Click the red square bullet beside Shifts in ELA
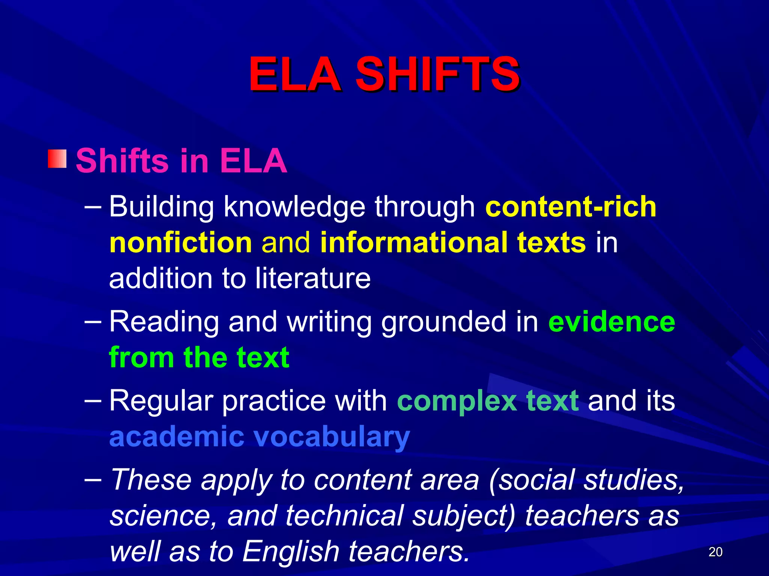[57, 159]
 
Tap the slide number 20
[715, 552]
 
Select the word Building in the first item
[161, 207]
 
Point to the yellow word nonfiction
[181, 243]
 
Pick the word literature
[313, 278]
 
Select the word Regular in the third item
[161, 400]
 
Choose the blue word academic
[176, 436]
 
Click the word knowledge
[294, 207]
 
